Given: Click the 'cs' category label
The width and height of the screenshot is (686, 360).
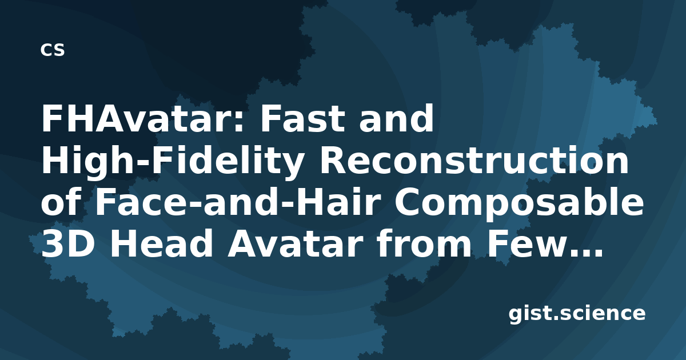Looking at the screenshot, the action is pos(53,50).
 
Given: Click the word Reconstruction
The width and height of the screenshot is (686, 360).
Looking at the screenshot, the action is pos(474,160).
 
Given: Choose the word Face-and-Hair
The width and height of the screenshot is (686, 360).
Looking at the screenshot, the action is pos(237,202).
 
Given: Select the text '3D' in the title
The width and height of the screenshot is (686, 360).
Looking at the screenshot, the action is pos(67,244).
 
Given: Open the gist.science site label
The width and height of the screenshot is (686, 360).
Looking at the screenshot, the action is pos(577,314).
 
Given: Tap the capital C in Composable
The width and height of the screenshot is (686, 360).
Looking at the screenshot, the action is pos(406,202).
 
